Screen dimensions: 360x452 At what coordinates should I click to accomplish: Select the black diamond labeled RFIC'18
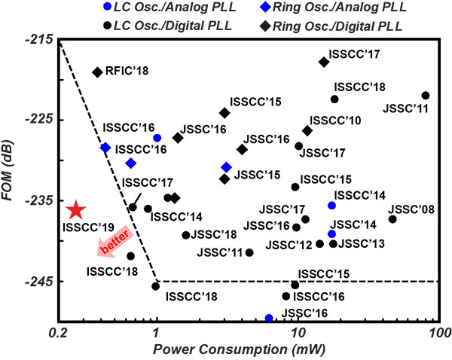coord(97,72)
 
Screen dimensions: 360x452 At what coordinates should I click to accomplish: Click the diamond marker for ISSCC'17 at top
coord(324,62)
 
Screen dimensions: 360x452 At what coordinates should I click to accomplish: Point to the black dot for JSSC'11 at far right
coord(426,96)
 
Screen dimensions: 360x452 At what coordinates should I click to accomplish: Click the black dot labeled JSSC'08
coord(392,219)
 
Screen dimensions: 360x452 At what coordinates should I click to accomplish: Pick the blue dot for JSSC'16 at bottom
coord(269,319)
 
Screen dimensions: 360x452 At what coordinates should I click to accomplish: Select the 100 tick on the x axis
coord(438,331)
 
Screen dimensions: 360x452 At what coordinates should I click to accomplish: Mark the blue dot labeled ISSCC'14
coord(332,206)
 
